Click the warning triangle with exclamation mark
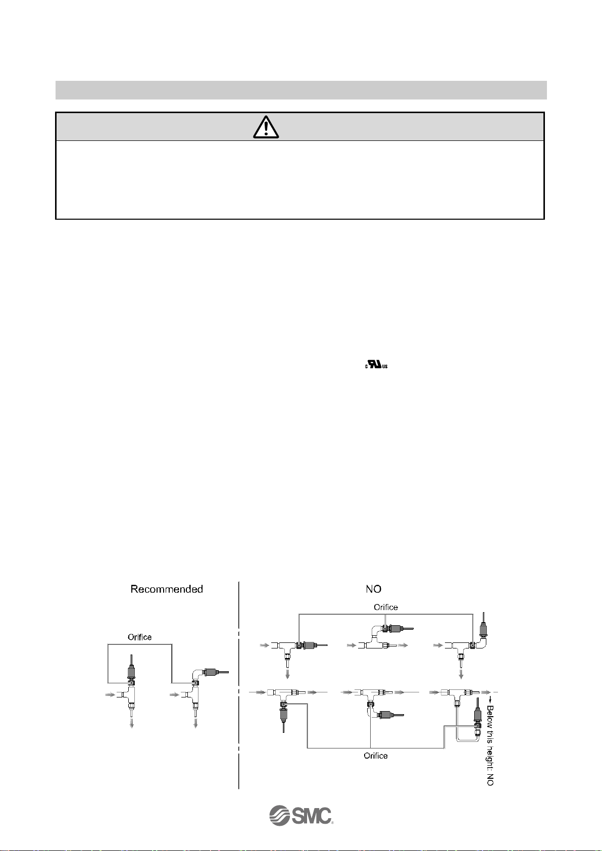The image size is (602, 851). pyautogui.click(x=266, y=127)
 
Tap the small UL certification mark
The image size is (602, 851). pyautogui.click(x=376, y=366)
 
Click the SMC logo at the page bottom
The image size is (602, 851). pyautogui.click(x=301, y=815)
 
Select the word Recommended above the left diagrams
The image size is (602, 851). pyautogui.click(x=167, y=589)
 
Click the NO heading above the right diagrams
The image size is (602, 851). pyautogui.click(x=373, y=589)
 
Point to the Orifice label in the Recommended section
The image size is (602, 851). pyautogui.click(x=139, y=637)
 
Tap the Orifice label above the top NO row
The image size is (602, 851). pyautogui.click(x=385, y=607)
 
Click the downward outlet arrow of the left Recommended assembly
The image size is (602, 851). pyautogui.click(x=132, y=723)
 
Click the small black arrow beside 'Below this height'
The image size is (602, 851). pyautogui.click(x=490, y=699)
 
